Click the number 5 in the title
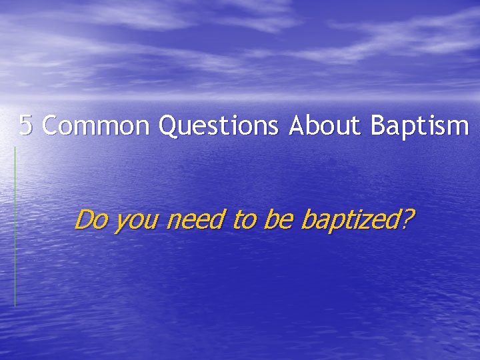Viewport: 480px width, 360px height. coord(26,125)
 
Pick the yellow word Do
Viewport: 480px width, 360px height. coord(92,218)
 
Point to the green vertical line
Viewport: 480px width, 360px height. coord(15,227)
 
